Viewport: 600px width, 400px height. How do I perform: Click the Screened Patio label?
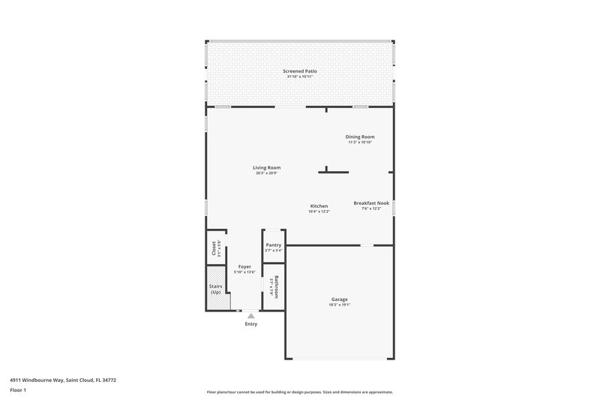point(300,71)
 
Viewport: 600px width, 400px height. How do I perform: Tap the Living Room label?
point(266,167)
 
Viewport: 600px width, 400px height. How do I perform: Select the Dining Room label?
point(360,137)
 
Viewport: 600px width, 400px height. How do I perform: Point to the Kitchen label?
point(319,206)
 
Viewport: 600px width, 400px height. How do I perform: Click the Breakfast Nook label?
point(371,203)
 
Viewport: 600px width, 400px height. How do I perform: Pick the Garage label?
point(338,299)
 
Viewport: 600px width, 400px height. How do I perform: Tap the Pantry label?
point(274,245)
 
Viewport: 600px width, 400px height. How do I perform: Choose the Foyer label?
point(244,266)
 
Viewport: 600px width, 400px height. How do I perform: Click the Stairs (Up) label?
point(215,288)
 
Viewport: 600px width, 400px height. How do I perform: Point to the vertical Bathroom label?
point(276,287)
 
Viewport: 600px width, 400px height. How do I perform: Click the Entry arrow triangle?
point(250,316)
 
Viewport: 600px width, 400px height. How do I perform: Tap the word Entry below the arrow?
point(250,324)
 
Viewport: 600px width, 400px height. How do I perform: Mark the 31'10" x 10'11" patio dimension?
point(300,77)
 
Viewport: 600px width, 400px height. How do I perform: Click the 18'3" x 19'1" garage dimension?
point(338,305)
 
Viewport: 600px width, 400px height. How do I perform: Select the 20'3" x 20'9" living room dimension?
point(266,173)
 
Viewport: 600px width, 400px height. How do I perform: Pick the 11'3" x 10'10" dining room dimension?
point(360,143)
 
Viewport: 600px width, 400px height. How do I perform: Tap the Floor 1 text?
point(19,391)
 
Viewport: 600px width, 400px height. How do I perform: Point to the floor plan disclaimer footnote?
point(300,392)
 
